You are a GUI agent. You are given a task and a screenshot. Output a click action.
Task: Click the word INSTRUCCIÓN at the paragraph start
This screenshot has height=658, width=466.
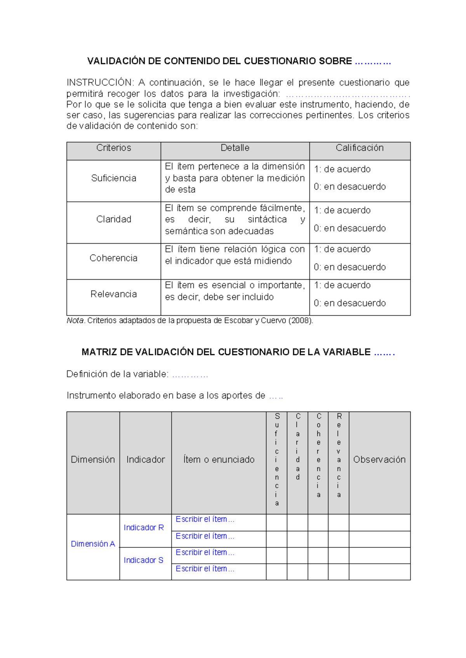coord(100,83)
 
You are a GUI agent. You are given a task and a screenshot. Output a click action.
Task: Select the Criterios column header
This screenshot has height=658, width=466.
coord(113,148)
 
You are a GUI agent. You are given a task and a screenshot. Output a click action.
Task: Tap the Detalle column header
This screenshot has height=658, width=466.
coord(235,148)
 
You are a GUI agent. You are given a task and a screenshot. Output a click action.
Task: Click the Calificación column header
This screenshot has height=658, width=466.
coord(360,148)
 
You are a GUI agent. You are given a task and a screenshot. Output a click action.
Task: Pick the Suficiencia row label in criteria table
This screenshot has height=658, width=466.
coord(113,178)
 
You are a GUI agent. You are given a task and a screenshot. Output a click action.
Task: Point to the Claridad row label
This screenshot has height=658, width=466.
coord(113,219)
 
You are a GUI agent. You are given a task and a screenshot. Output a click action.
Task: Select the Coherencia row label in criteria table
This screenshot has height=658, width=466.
coord(113,258)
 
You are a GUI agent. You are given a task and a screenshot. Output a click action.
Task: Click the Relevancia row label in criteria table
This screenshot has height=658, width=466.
coord(113,294)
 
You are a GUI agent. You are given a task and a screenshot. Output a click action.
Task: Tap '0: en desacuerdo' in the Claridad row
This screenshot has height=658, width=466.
coord(349,228)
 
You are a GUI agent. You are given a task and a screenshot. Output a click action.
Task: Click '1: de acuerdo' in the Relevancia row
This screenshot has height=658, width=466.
coord(342,285)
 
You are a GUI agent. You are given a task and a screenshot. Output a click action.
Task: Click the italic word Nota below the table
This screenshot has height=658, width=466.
coord(75,320)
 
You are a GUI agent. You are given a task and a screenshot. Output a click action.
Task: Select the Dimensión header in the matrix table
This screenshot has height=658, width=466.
coord(93,459)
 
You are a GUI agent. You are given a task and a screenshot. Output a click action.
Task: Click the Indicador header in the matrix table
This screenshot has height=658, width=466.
coord(146,459)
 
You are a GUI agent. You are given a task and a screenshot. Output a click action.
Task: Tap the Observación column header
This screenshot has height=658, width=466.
coord(379,459)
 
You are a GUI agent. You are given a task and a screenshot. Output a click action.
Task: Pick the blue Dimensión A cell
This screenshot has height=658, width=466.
coord(93,544)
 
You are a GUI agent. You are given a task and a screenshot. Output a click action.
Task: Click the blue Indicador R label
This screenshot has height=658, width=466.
coord(144,528)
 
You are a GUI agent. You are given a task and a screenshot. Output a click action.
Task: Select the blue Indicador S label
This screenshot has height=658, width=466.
coord(143,560)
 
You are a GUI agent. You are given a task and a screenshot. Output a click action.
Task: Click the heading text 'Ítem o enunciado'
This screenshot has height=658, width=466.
coord(219,459)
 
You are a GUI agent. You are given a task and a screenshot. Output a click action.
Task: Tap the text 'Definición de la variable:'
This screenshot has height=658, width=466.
coord(117,374)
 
